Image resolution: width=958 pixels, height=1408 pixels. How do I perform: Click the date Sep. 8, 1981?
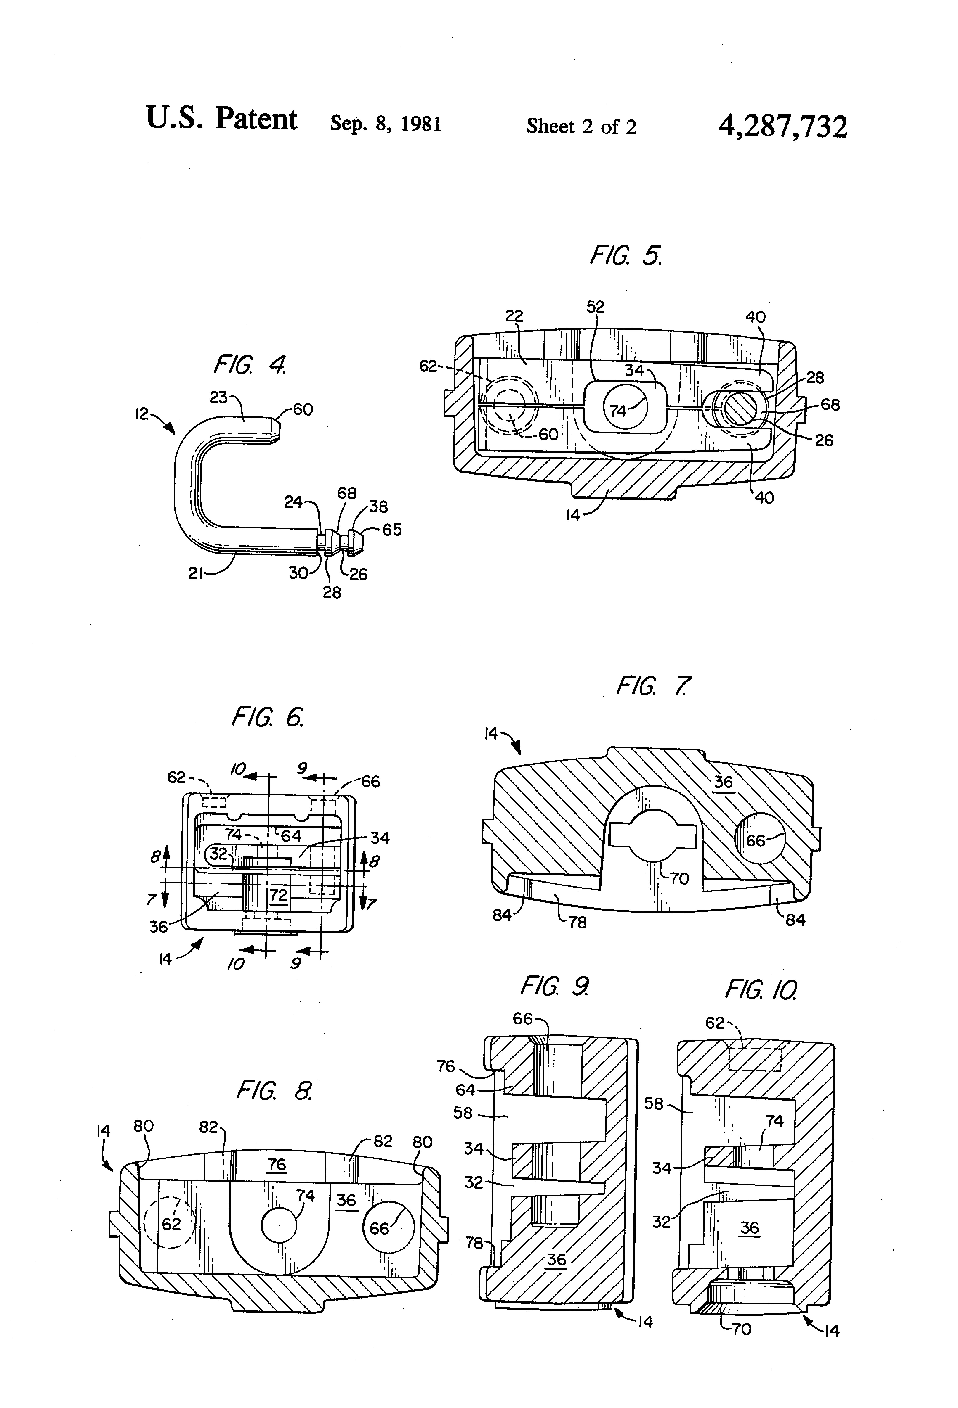pyautogui.click(x=386, y=124)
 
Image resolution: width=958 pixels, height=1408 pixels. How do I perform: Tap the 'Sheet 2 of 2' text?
pyautogui.click(x=581, y=126)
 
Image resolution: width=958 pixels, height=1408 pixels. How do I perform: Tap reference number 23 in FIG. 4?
pyautogui.click(x=219, y=397)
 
